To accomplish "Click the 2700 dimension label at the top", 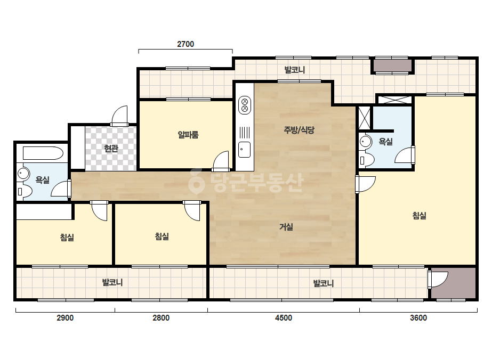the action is (185, 44).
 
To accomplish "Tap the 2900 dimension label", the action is (65, 318).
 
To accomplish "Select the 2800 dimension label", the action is (161, 318).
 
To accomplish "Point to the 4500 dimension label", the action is (284, 318).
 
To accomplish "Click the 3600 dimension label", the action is (418, 318).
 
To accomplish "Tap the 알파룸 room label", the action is (188, 135).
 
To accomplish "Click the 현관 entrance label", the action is (111, 149).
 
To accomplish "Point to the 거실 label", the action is (286, 227).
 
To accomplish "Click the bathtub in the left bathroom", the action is (43, 153).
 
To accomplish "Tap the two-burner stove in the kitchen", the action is (245, 105).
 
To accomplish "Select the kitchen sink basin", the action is (245, 150).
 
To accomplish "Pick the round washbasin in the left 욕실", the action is (23, 174).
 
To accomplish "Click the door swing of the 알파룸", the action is (221, 161).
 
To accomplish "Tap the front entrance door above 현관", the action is (120, 116).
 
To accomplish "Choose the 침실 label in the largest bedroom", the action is (419, 216).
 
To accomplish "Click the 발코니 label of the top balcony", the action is (294, 70).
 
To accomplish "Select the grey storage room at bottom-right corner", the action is (453, 283).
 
